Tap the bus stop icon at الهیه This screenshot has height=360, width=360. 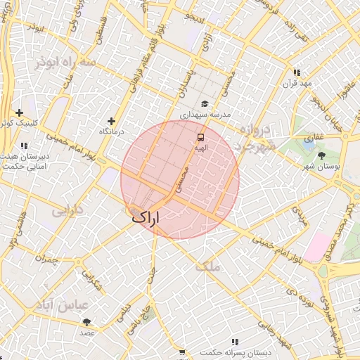coord(201,137)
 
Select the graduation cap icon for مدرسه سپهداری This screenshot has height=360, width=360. coord(204,103)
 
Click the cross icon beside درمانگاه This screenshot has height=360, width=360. coord(110,121)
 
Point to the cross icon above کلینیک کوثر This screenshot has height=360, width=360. coord(19,112)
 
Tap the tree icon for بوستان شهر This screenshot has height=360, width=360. coord(322,155)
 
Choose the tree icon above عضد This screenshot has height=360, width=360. coord(87,322)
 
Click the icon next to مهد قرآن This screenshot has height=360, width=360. coord(297,72)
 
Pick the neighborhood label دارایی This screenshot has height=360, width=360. coord(68,210)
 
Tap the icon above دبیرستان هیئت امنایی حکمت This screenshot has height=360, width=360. coord(25,146)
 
